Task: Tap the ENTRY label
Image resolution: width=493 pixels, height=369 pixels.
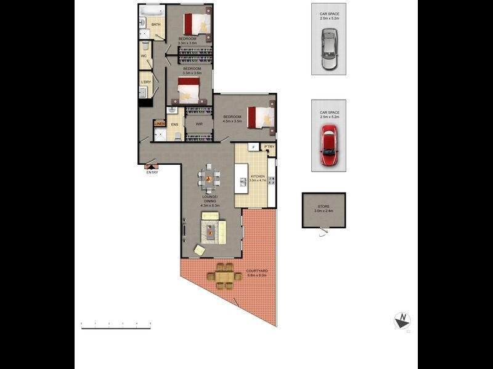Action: pyautogui.click(x=152, y=172)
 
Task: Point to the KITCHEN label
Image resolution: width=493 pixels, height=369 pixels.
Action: pyautogui.click(x=258, y=177)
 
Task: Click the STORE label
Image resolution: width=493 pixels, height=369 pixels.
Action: pyautogui.click(x=324, y=208)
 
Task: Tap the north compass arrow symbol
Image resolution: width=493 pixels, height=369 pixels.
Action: pyautogui.click(x=402, y=320)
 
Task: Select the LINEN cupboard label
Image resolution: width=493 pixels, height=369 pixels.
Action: pyautogui.click(x=160, y=124)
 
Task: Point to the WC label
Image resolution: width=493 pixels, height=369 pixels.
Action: pyautogui.click(x=144, y=55)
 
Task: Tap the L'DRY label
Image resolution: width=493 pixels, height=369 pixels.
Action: pyautogui.click(x=146, y=82)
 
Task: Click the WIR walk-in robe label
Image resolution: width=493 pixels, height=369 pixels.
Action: pyautogui.click(x=199, y=124)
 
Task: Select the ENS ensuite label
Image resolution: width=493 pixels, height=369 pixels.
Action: pyautogui.click(x=174, y=125)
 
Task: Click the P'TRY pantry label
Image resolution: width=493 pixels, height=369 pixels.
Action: pyautogui.click(x=269, y=146)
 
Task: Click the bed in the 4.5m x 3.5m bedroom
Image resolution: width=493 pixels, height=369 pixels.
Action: pyautogui.click(x=260, y=117)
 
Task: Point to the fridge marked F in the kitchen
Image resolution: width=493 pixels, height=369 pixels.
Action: pyautogui.click(x=253, y=147)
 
